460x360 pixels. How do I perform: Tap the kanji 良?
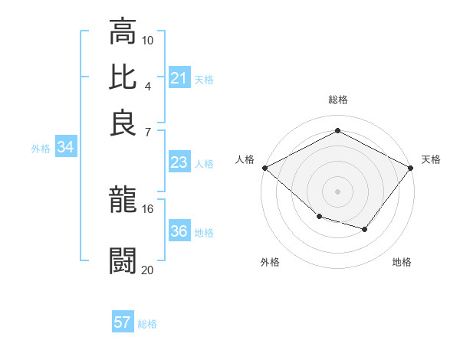[123, 122]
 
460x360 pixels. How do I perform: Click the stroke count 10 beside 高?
[148, 40]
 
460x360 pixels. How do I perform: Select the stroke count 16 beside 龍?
[148, 208]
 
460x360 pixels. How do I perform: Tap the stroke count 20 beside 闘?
[148, 269]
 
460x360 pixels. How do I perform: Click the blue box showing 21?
[179, 77]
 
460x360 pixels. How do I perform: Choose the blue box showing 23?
[179, 162]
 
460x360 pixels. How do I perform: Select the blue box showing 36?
[179, 231]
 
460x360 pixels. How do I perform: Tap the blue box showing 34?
[65, 148]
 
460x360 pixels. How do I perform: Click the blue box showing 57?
[122, 322]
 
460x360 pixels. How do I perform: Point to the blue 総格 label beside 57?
[148, 324]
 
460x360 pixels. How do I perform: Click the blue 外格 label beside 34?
[41, 149]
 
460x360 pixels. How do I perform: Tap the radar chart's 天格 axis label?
[431, 159]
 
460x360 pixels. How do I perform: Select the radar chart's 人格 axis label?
[245, 159]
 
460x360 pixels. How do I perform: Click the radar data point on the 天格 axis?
[412, 167]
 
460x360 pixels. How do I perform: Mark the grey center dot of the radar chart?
[338, 191]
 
